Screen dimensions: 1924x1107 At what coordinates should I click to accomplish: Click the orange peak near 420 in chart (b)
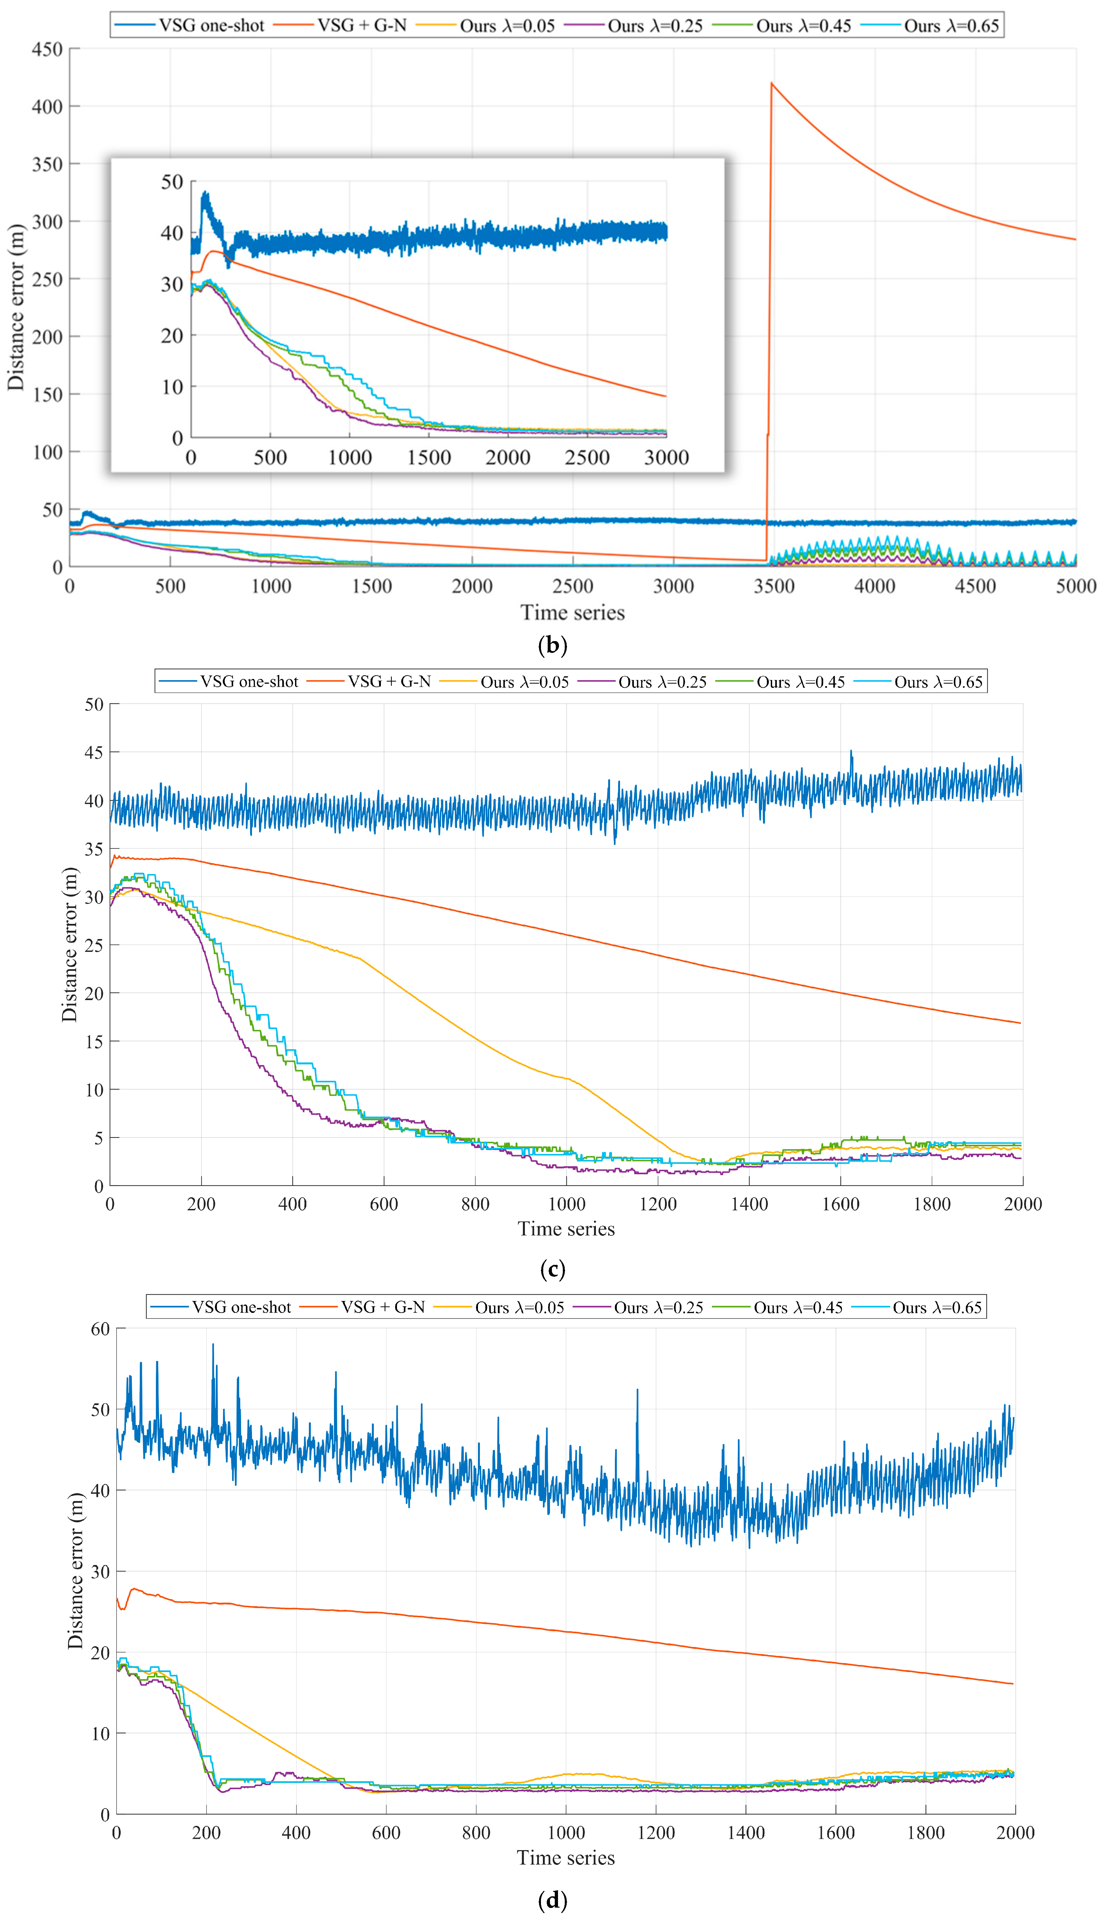(x=772, y=84)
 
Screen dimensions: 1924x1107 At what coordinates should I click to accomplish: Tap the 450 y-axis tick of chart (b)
(x=47, y=49)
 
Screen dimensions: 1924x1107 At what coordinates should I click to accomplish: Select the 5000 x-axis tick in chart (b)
(x=1075, y=586)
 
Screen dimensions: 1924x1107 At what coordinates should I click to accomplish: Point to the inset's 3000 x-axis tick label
(x=666, y=458)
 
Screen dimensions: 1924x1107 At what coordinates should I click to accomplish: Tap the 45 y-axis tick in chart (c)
(x=94, y=753)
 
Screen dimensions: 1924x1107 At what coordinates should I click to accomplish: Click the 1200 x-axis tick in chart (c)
(x=658, y=1204)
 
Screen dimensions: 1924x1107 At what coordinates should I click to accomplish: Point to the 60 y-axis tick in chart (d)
(x=100, y=1329)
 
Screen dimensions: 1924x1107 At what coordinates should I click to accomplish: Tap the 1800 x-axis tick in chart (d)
(x=925, y=1833)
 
